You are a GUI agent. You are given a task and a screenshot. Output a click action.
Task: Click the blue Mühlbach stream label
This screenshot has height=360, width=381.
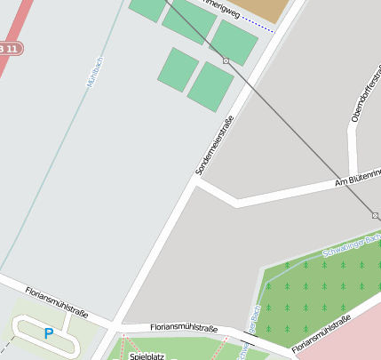coord(95,72)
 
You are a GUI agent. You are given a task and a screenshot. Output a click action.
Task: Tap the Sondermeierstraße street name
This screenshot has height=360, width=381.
coord(214,145)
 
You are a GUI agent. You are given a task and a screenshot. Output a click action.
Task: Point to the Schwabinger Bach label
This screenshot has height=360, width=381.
coord(352,246)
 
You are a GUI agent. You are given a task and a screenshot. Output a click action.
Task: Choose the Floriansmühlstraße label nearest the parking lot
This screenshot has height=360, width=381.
coord(56,301)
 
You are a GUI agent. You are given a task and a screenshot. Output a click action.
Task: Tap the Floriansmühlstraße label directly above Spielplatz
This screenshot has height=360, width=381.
coord(184,328)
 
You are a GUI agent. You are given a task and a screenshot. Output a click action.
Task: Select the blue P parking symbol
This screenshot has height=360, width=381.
coord(48,333)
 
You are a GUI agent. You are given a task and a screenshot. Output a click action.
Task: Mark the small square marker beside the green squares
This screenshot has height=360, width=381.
coord(226,60)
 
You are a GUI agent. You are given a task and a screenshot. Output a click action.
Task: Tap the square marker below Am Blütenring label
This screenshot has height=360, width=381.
coord(375,215)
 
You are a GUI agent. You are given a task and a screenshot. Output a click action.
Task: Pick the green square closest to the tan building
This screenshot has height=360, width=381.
coord(235,42)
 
